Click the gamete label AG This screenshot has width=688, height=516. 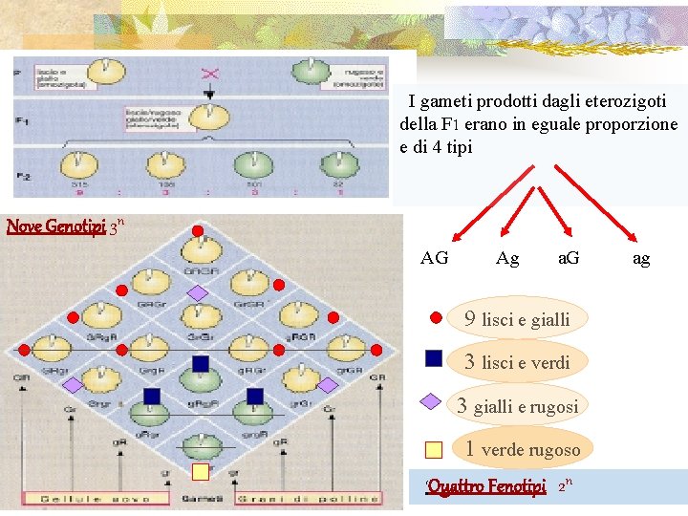[435, 258]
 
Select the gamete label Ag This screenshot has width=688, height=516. [508, 258]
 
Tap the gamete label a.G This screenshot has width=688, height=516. [569, 258]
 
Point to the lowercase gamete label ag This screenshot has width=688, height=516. [641, 258]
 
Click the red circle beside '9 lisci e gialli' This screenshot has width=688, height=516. [435, 317]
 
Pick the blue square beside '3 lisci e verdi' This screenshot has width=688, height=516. [434, 358]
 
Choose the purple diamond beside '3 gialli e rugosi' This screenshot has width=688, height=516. [433, 402]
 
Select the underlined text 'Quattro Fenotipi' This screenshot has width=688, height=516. [487, 486]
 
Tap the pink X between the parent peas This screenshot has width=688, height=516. [209, 74]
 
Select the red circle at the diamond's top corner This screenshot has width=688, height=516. [197, 231]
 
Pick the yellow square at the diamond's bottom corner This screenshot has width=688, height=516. [200, 471]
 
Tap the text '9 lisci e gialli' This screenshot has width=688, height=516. [516, 319]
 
